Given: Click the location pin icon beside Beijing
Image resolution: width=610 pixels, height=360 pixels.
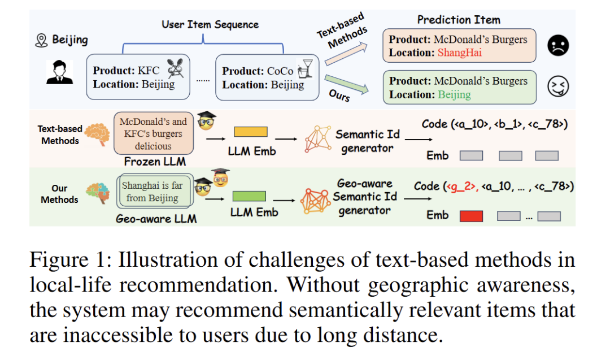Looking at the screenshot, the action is click(41, 40).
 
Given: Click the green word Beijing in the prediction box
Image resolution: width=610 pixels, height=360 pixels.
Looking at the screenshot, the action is click(454, 94).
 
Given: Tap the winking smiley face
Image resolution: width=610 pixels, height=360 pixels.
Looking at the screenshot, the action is click(558, 86).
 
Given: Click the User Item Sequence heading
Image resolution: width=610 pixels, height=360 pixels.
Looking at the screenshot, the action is click(210, 24).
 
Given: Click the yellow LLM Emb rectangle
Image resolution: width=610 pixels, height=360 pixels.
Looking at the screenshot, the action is click(250, 132).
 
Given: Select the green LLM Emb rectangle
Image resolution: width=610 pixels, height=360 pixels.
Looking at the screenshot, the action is click(249, 196).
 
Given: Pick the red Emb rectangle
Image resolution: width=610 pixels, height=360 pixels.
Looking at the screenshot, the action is click(471, 216).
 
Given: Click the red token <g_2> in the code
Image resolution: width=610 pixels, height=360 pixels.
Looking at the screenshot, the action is click(462, 186).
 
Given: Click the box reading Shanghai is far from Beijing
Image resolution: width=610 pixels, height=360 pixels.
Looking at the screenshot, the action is click(152, 192).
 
